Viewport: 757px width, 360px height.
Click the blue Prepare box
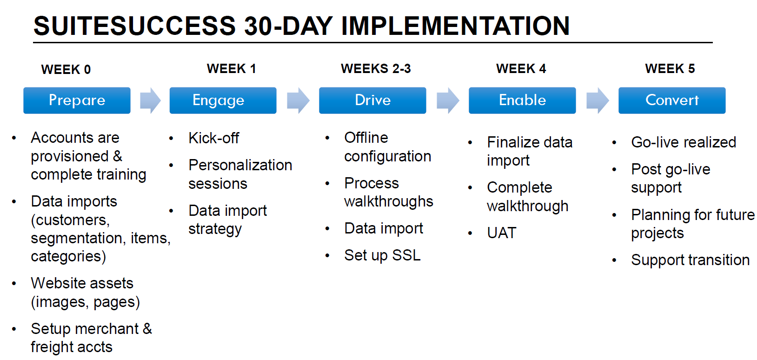[77, 100]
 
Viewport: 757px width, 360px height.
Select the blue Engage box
[223, 100]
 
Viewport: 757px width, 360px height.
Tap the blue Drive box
[372, 100]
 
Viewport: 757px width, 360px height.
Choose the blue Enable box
[522, 100]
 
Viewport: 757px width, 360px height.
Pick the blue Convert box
[672, 100]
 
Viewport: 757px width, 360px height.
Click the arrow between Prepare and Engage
[150, 100]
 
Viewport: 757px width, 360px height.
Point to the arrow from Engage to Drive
[298, 100]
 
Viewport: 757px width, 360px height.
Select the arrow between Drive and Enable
[448, 100]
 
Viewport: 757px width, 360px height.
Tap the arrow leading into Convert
[598, 100]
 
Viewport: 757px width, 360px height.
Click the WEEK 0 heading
[66, 69]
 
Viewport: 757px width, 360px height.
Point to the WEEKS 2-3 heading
[376, 69]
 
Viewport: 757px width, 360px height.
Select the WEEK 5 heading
[670, 69]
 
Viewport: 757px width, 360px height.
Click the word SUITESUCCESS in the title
[134, 26]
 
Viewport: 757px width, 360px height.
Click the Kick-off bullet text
[213, 138]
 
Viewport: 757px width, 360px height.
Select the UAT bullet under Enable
[502, 233]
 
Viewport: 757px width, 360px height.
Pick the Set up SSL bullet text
[382, 255]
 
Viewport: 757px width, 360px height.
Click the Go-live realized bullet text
[684, 142]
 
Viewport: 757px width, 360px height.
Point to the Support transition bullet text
[690, 260]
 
